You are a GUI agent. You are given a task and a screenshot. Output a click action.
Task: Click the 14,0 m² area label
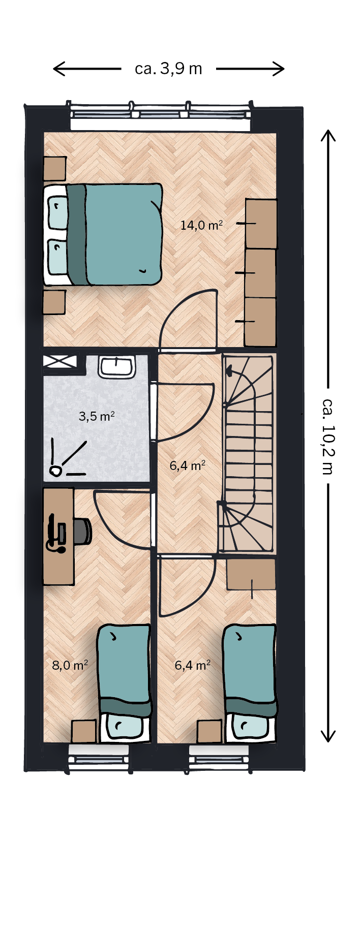201,225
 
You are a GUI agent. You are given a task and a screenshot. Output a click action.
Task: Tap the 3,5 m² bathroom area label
97,416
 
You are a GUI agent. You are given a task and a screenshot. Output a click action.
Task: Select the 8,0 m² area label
70,665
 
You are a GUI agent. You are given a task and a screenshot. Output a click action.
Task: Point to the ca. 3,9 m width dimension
168,69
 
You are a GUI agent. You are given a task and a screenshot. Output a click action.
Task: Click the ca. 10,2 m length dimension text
328,435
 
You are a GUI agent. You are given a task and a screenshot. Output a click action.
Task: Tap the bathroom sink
116,367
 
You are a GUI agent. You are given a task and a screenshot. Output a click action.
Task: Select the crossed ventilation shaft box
60,361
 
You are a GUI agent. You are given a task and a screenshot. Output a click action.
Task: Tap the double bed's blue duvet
124,234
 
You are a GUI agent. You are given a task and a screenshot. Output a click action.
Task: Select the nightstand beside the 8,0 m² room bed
83,731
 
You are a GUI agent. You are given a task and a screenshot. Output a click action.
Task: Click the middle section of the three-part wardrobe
261,273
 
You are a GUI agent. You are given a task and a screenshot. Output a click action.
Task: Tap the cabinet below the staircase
251,574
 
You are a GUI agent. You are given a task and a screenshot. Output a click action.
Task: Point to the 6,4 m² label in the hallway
188,465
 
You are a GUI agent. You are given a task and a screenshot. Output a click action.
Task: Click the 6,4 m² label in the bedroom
193,665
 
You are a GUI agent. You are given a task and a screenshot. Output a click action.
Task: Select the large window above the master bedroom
160,115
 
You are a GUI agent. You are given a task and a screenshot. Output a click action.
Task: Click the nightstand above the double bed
54,169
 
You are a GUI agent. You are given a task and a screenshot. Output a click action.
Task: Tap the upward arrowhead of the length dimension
328,136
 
